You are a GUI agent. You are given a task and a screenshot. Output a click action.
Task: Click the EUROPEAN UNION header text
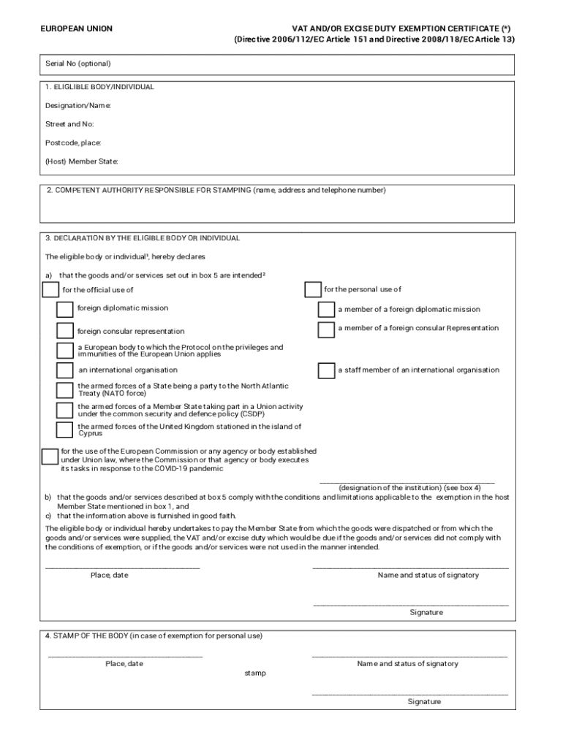click(x=76, y=28)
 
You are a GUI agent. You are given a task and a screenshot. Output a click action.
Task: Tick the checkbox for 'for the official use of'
click(x=51, y=290)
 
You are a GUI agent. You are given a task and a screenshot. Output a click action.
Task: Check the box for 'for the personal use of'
click(x=312, y=290)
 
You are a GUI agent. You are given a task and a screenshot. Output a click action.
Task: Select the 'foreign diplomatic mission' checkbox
click(x=65, y=309)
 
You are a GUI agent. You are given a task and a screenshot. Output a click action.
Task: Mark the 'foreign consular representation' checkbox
click(x=65, y=331)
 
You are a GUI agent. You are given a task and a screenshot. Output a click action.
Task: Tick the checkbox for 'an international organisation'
click(x=65, y=370)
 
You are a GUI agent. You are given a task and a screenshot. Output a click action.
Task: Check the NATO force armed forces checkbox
click(x=65, y=389)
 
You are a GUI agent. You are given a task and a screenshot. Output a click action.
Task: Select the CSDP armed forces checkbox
click(x=65, y=410)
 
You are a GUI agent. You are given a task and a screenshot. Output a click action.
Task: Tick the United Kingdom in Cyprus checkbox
click(x=65, y=430)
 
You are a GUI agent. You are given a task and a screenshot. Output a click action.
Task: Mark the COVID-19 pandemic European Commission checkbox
click(x=50, y=457)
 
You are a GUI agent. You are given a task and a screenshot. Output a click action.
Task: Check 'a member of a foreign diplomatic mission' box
click(x=326, y=310)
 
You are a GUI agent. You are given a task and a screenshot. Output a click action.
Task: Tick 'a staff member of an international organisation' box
click(x=326, y=370)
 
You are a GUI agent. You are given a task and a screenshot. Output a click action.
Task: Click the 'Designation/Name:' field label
click(x=78, y=106)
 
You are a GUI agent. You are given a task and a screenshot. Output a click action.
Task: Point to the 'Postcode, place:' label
click(x=73, y=142)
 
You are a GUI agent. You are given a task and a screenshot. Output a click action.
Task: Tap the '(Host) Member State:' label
click(x=81, y=161)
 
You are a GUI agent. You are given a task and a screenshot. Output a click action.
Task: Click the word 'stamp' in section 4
click(x=255, y=673)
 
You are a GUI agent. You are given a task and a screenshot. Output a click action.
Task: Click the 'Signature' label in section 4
click(x=424, y=701)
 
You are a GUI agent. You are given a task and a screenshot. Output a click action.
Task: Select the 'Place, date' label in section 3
click(x=109, y=575)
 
